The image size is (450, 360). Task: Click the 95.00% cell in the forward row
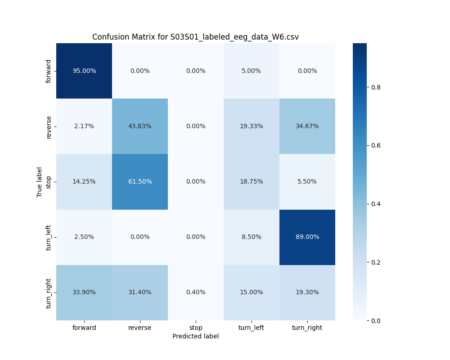pyautogui.click(x=84, y=71)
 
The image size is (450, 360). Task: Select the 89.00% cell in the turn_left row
pyautogui.click(x=307, y=237)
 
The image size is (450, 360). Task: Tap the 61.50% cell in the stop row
pyautogui.click(x=140, y=181)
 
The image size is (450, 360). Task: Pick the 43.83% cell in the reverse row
pyautogui.click(x=140, y=126)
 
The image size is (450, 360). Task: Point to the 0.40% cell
pyautogui.click(x=196, y=292)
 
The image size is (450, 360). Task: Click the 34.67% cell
pyautogui.click(x=307, y=126)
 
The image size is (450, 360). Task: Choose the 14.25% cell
pyautogui.click(x=84, y=181)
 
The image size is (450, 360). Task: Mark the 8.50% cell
pyautogui.click(x=251, y=237)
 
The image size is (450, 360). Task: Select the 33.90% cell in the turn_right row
pyautogui.click(x=84, y=292)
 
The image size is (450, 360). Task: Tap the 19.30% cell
pyautogui.click(x=307, y=292)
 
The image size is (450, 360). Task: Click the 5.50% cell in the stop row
pyautogui.click(x=307, y=181)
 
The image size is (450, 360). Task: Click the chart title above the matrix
pyautogui.click(x=195, y=37)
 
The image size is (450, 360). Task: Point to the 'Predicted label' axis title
pyautogui.click(x=195, y=336)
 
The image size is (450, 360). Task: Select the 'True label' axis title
pyautogui.click(x=40, y=182)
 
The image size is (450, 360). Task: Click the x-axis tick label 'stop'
pyautogui.click(x=196, y=328)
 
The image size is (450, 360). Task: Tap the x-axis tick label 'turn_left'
pyautogui.click(x=251, y=328)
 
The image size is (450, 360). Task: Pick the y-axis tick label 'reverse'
pyautogui.click(x=49, y=126)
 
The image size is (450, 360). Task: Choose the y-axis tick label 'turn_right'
pyautogui.click(x=49, y=292)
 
